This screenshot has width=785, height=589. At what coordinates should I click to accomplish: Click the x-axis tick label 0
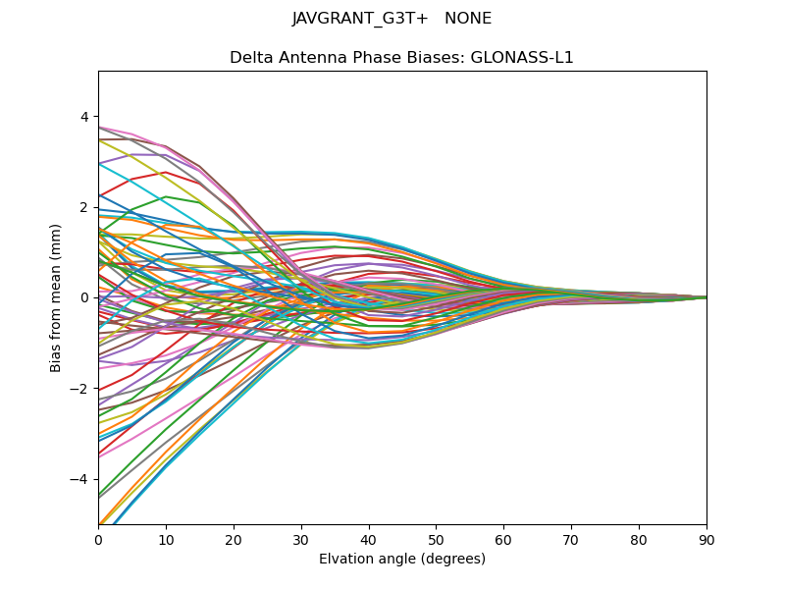(x=98, y=539)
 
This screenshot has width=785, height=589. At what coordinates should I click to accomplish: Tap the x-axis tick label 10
(x=166, y=539)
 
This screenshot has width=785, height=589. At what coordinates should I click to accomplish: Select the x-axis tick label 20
(x=234, y=539)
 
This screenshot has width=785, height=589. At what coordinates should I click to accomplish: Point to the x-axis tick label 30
(x=301, y=539)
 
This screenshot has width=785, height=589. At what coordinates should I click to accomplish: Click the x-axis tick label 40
(x=369, y=539)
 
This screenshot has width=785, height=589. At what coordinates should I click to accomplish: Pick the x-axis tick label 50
(x=436, y=539)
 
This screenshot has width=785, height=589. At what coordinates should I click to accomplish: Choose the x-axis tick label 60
(x=503, y=539)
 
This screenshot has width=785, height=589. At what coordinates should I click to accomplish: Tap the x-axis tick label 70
(x=571, y=539)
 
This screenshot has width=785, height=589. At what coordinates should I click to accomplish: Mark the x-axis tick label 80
(x=639, y=539)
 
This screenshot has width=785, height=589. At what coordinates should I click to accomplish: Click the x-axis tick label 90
(x=706, y=539)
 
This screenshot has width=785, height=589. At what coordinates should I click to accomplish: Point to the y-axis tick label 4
(x=84, y=117)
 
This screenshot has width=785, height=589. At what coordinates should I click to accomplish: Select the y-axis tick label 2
(x=84, y=207)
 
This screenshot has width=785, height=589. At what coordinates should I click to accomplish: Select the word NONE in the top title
(x=468, y=19)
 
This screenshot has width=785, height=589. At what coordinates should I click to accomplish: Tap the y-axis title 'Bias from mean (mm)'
(x=57, y=297)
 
